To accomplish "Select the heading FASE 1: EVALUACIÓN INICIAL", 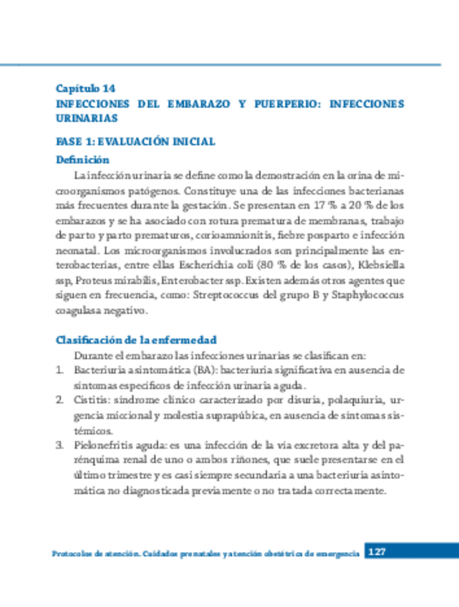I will [135, 142].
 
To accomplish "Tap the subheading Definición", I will [82, 160].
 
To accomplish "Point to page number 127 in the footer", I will [377, 552].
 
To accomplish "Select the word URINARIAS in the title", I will [86, 118].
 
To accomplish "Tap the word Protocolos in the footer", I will [77, 554].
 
